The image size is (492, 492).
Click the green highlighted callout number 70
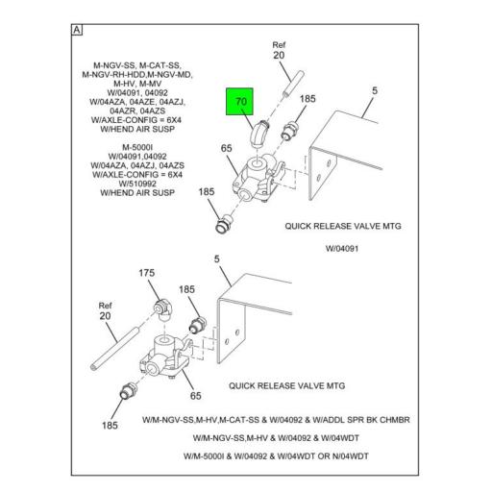[x=241, y=102]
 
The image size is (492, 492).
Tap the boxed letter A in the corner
[x=77, y=30]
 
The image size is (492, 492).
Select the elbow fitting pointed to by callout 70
[x=258, y=134]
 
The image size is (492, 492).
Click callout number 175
[x=147, y=273]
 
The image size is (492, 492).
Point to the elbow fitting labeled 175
[x=163, y=310]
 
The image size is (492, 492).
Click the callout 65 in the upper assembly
[x=226, y=148]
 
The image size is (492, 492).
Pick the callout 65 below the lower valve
[x=195, y=396]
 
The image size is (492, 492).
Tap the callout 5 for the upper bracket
[x=375, y=90]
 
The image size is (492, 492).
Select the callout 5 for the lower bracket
[x=217, y=258]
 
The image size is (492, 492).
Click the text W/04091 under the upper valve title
[x=342, y=249]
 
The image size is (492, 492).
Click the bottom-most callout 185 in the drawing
[x=110, y=426]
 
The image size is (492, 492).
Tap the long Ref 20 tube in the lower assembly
[x=115, y=348]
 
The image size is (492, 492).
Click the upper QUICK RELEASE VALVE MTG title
[x=343, y=226]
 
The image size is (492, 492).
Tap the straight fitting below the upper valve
[x=224, y=224]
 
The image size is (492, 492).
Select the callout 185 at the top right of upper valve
[x=307, y=99]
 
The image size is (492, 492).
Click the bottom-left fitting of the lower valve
[x=129, y=391]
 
